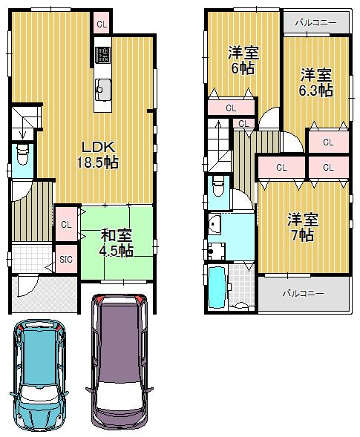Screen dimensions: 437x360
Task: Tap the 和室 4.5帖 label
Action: (x=116, y=243)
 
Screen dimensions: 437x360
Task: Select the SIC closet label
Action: (x=65, y=260)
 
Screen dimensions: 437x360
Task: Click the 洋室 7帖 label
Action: (x=304, y=227)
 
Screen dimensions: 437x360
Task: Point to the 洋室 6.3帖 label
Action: (x=316, y=82)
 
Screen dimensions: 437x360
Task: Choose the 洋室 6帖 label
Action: (x=242, y=60)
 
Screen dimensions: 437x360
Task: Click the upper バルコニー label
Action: (x=315, y=23)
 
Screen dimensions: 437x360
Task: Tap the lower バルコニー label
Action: (x=302, y=293)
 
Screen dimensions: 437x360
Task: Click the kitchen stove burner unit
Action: (x=102, y=53)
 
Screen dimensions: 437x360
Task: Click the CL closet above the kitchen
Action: (x=101, y=24)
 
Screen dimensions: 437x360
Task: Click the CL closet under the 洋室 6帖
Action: (x=231, y=108)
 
